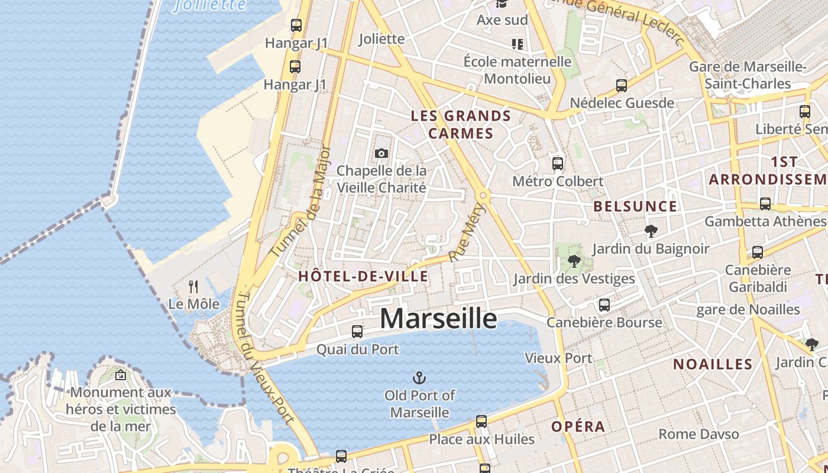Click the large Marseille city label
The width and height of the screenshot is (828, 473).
click(x=438, y=318)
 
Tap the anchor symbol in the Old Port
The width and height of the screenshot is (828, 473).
click(x=419, y=377)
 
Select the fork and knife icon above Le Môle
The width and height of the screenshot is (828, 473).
click(x=193, y=287)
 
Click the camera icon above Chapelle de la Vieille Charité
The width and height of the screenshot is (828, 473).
click(x=381, y=154)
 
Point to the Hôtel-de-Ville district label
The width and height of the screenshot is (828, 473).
click(x=363, y=276)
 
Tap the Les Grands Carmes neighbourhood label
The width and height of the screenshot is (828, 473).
click(x=461, y=124)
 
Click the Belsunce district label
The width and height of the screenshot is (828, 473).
click(x=635, y=206)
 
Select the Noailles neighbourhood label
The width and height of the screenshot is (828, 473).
click(x=713, y=364)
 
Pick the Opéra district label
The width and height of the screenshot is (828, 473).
click(x=578, y=426)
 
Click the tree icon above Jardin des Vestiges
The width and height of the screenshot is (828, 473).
click(x=573, y=261)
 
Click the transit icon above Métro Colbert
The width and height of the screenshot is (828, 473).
click(x=557, y=164)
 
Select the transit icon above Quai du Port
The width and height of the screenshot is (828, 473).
click(x=357, y=332)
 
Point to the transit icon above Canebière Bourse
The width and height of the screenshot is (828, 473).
click(x=604, y=305)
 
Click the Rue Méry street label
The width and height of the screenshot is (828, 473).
click(x=467, y=232)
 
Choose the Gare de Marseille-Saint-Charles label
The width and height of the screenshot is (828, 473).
click(x=748, y=75)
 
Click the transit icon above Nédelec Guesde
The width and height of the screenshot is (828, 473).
click(x=622, y=86)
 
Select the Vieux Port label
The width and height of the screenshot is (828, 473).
click(x=558, y=358)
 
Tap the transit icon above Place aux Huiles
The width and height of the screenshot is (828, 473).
click(x=481, y=422)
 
